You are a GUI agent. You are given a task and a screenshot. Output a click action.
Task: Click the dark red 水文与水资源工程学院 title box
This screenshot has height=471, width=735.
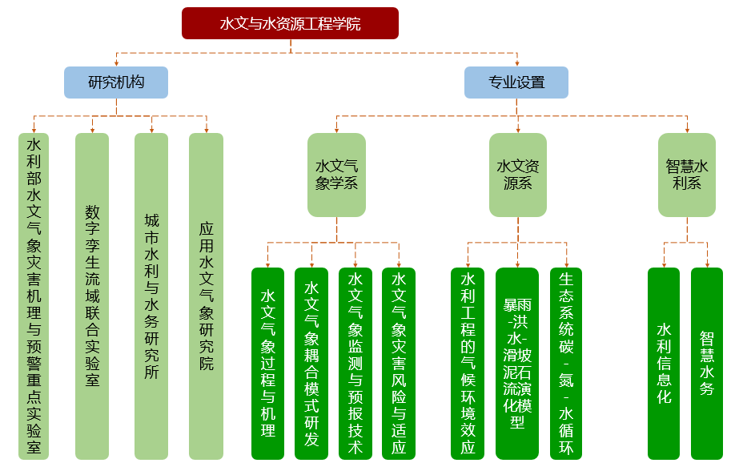[290, 23]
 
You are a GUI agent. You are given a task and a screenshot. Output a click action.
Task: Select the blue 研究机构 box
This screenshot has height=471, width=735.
[116, 82]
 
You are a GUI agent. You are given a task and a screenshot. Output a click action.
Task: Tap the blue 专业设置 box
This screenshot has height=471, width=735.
[516, 82]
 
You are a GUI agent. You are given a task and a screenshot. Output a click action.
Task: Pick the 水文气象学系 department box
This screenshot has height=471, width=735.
[336, 175]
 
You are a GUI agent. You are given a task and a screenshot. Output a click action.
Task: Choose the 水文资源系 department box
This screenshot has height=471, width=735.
[518, 175]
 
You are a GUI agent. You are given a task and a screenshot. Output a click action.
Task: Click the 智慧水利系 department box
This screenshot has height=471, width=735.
[687, 175]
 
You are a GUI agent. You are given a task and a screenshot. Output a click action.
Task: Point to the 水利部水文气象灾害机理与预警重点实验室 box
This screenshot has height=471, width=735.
[34, 296]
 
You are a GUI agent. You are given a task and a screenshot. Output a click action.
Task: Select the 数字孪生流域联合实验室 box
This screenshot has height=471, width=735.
[92, 296]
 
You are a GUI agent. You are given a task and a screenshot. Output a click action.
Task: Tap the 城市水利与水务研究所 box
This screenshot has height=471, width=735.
[151, 296]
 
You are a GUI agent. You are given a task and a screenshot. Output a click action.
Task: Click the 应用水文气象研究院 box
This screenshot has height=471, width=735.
[206, 296]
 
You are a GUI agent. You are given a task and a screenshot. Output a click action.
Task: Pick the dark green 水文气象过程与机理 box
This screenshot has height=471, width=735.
[268, 363]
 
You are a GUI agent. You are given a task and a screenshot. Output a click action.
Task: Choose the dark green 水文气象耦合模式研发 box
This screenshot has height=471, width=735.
[311, 363]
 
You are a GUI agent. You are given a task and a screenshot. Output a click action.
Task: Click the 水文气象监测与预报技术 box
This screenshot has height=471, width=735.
[355, 363]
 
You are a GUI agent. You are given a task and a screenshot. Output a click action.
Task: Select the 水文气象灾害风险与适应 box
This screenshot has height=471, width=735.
[399, 363]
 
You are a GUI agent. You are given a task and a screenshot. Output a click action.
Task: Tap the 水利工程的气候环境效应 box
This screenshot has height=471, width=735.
[468, 363]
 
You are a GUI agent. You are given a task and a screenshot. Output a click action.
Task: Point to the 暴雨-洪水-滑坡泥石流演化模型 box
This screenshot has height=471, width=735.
[518, 363]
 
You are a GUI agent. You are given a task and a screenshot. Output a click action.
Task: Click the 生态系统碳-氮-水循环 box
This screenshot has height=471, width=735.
[566, 363]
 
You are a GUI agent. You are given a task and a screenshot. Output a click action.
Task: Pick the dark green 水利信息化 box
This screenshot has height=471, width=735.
[664, 363]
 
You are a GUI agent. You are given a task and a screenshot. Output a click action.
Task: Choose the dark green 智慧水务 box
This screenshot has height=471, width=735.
[707, 363]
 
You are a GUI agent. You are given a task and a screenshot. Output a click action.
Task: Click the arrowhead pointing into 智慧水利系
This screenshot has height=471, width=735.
[687, 130]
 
